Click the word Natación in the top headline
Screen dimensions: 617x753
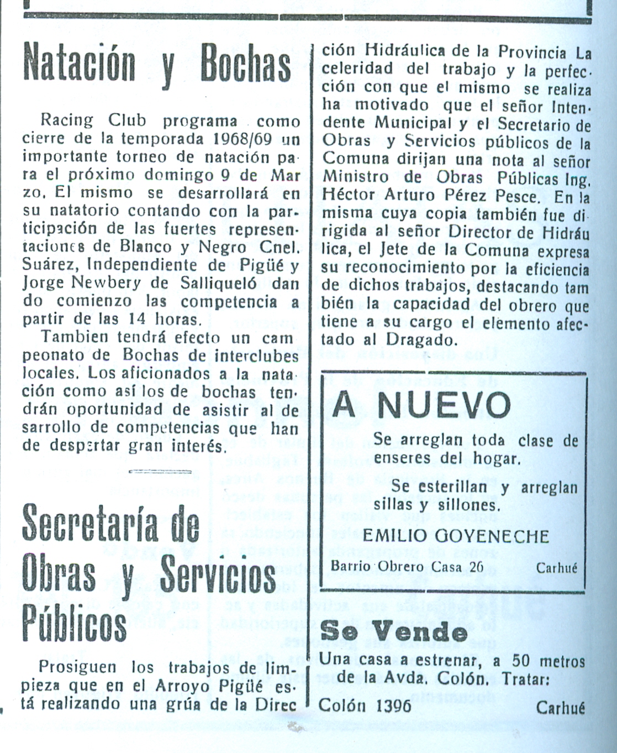click(79, 63)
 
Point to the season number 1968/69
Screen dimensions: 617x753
click(242, 138)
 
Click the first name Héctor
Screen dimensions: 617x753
click(350, 196)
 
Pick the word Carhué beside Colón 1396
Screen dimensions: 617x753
click(560, 707)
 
